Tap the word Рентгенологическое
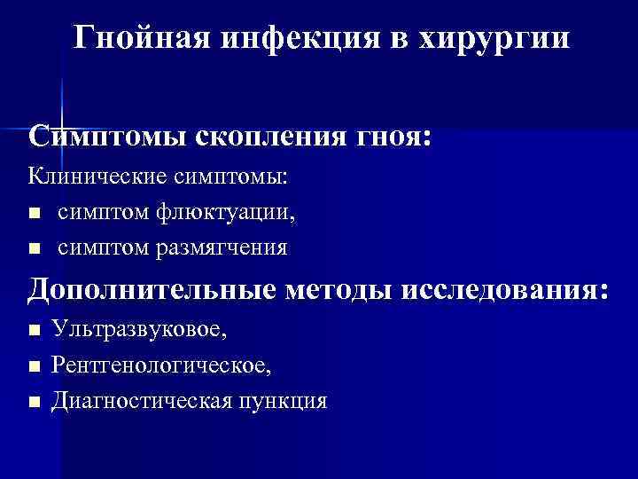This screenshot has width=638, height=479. click(161, 365)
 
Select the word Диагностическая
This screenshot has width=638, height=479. click(141, 400)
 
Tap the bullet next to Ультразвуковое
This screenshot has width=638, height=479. click(34, 331)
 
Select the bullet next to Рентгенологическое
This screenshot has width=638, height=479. click(34, 365)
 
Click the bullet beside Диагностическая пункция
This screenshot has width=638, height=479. click(34, 401)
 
